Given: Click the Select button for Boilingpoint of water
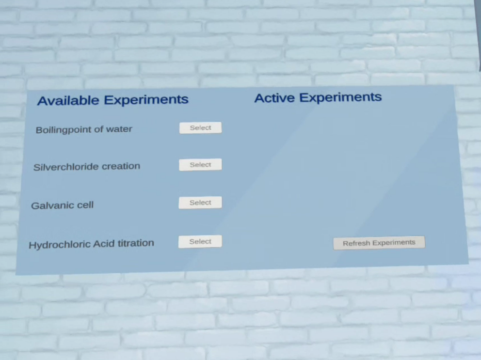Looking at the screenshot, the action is (x=201, y=128).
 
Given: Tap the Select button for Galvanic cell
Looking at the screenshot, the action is (x=200, y=203).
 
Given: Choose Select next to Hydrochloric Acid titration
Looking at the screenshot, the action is (x=200, y=242).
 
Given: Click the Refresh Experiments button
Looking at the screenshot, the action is (x=379, y=243).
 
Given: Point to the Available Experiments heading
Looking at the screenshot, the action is (x=112, y=100).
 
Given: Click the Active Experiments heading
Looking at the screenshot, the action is (x=318, y=97).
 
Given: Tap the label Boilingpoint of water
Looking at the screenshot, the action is (x=84, y=129).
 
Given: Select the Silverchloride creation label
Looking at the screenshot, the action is (x=87, y=167).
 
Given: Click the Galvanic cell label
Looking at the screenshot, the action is (x=62, y=205).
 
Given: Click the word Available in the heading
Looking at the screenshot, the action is (x=68, y=101).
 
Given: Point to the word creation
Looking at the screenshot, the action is (x=121, y=166).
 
